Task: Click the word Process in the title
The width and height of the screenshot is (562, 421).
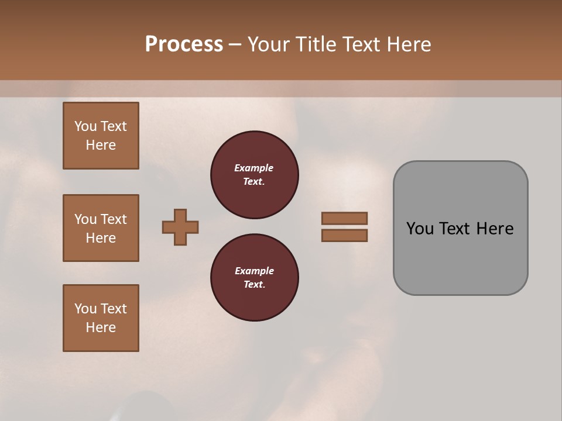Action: tap(184, 44)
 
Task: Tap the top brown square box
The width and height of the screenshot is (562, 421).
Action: tap(101, 136)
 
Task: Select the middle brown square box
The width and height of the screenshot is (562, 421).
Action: tap(101, 228)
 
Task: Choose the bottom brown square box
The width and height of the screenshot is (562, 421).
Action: tap(101, 318)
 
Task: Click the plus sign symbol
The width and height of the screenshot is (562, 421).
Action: tap(180, 227)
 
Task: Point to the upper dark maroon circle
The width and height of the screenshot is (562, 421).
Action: tap(255, 175)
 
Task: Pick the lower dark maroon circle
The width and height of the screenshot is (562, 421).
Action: tap(255, 278)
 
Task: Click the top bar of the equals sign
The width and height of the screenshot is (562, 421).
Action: tap(344, 218)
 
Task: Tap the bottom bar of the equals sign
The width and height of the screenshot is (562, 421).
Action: tap(344, 236)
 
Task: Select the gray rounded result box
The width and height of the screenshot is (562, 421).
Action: tap(460, 228)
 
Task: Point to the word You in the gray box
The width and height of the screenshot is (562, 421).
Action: tap(419, 229)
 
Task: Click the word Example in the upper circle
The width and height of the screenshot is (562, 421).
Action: tap(254, 168)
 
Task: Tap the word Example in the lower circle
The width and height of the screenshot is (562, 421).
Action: tap(254, 271)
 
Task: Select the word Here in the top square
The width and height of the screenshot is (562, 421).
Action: tap(101, 145)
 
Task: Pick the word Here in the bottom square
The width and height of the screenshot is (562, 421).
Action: tap(101, 327)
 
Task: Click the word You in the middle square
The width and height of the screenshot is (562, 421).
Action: tap(85, 219)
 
